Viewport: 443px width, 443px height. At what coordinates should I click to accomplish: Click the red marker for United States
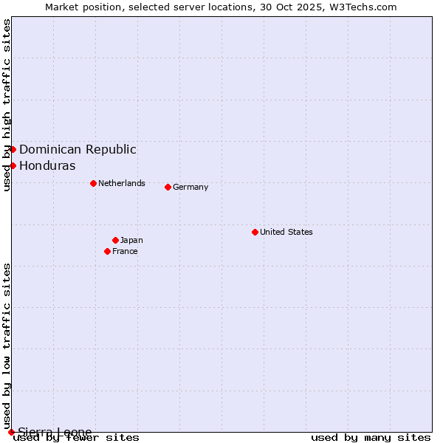coord(255,232)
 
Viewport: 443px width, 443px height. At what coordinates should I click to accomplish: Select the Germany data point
coord(168,187)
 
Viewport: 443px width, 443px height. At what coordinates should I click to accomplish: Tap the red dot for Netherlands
coord(93,183)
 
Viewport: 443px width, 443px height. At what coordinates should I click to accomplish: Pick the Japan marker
coord(115,240)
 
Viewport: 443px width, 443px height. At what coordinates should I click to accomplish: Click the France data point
coord(107,251)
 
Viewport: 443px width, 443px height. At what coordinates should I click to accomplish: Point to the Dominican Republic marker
coord(13,149)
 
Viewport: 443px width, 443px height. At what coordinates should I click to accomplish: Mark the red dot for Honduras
coord(13,165)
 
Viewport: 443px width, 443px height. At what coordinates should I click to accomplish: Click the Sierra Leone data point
coord(11,432)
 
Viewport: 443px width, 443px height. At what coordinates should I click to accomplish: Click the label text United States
coord(286,232)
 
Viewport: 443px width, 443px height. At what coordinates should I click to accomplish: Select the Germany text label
coord(190,187)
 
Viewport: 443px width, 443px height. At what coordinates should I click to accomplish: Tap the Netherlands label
coord(121,183)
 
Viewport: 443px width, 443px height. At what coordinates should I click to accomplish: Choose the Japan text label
coord(131,240)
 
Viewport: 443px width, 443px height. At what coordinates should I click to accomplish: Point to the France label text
coord(125,251)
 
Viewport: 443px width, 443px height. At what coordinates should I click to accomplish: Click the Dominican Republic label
coord(78,149)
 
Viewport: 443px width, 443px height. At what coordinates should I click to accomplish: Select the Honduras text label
coord(47,165)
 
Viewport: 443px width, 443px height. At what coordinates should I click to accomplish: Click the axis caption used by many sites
coord(371,437)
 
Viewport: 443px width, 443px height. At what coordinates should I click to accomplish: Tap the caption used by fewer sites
coord(76,437)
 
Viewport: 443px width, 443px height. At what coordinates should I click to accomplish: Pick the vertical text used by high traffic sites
coord(7,105)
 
